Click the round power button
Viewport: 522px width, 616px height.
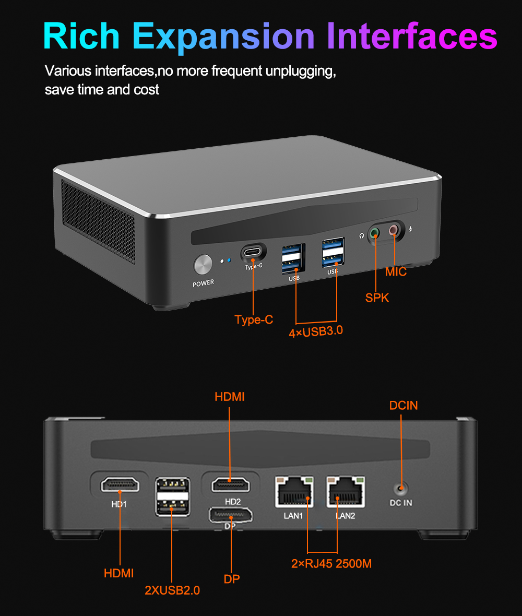point(203,265)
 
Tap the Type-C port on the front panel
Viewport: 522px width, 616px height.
point(253,253)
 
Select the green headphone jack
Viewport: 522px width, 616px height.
point(374,233)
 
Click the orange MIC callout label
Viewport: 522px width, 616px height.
point(396,272)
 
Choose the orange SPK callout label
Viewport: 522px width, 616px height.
point(377,298)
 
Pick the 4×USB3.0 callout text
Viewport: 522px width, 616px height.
point(316,330)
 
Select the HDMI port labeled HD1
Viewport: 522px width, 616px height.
point(120,485)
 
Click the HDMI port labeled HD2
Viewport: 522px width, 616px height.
point(230,484)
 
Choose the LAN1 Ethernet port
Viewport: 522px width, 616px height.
point(294,492)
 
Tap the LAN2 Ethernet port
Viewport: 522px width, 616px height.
point(346,492)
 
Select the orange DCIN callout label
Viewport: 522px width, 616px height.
point(404,405)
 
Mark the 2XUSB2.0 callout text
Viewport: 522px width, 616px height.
point(172,590)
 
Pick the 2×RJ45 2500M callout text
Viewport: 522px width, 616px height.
point(331,563)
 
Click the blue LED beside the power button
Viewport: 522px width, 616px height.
point(229,259)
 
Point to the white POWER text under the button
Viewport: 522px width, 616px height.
point(203,283)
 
